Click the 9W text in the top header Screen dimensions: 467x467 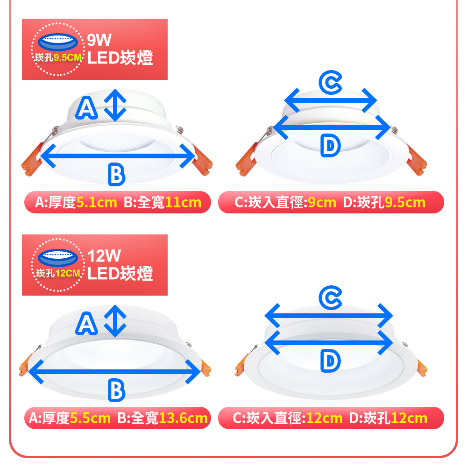[99, 40]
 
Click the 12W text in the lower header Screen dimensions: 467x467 [104, 255]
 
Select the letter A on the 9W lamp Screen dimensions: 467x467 [86, 108]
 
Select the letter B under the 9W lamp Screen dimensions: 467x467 [116, 175]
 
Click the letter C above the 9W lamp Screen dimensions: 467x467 [330, 83]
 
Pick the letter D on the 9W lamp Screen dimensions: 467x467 [330, 145]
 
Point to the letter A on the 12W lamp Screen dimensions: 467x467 [86, 324]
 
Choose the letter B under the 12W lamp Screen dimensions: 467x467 [116, 390]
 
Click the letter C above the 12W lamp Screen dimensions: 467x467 [330, 298]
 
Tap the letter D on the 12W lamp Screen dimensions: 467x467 [330, 361]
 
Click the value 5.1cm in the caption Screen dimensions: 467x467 [97, 203]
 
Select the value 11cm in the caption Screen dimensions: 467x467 [183, 203]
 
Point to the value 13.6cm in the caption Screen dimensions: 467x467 [183, 418]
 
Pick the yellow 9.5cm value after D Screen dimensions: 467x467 [405, 203]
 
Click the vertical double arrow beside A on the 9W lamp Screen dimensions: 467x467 [115, 105]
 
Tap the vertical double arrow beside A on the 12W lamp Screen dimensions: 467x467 [115, 321]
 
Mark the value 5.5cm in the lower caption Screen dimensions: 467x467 [90, 418]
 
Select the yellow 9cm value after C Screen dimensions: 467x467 [322, 203]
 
